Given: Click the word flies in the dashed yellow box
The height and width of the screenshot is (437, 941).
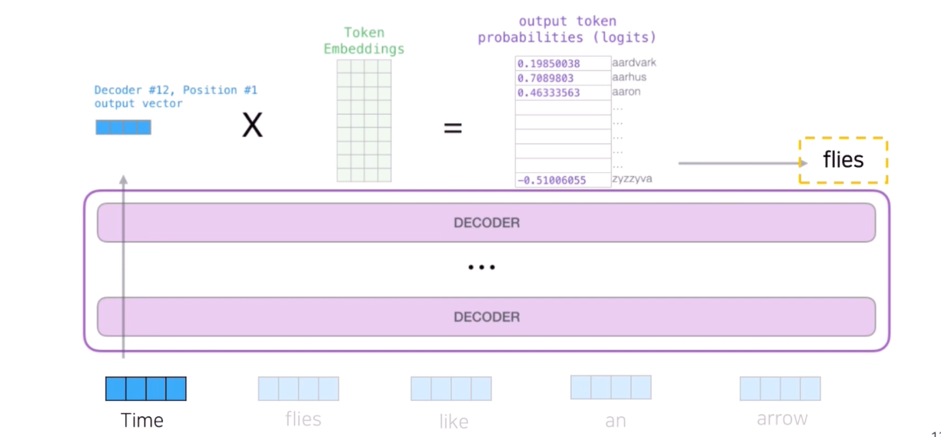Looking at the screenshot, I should coord(843,160).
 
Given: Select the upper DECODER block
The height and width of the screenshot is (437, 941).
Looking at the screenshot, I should coord(486,223).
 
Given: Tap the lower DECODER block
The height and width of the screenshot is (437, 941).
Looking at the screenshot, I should coord(486,317).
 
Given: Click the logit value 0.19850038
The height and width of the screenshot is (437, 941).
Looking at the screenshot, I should coord(549,64).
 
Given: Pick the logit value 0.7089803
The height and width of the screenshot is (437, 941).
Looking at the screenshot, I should coord(545,78).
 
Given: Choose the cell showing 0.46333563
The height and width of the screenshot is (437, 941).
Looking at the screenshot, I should coord(549,93).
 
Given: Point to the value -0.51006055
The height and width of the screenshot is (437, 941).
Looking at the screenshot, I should coord(551,181).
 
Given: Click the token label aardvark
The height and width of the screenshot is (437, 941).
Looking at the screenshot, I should coord(634,63).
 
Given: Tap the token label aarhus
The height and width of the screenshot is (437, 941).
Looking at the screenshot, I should coord(629,78).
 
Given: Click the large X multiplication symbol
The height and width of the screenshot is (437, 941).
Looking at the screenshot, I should coord(252,125).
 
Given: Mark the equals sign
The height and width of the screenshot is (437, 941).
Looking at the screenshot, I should coord(453,128).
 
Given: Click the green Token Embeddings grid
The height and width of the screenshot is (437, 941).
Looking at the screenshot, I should coord(364,121).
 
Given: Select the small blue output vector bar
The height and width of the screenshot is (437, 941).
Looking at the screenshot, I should coord(123,128).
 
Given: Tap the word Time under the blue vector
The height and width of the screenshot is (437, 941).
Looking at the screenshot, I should coord(142,421).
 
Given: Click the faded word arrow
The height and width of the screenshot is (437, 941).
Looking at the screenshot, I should coord(782,419).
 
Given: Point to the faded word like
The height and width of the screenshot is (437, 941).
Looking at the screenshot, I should coord(454,422).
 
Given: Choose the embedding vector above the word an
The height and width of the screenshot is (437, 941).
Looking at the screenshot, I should coord(611,387).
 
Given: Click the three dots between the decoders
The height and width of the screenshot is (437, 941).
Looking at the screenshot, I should coord(482,268).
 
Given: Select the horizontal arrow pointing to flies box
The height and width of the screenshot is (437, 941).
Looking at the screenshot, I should coord(742,163).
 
